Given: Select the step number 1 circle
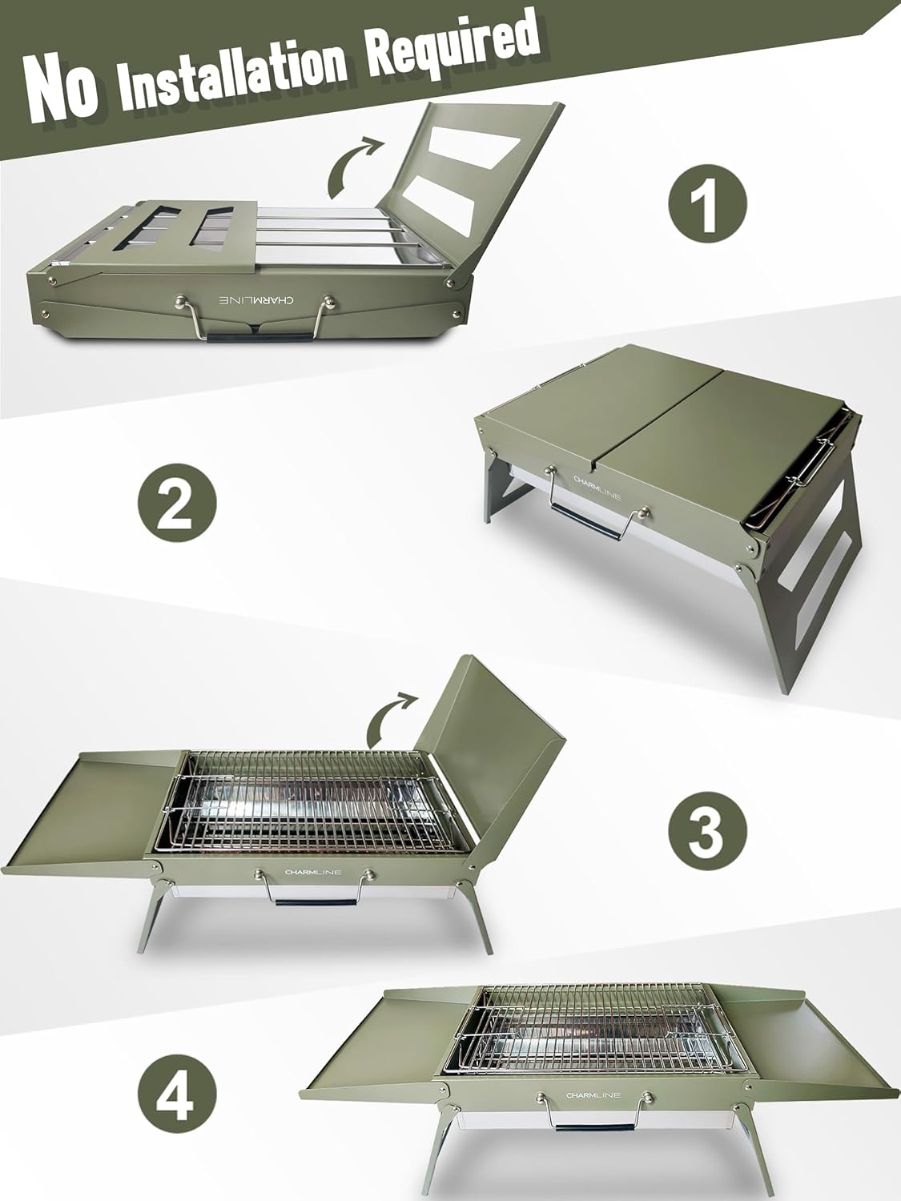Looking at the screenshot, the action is (x=707, y=203).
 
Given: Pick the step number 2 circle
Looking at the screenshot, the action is (x=177, y=503).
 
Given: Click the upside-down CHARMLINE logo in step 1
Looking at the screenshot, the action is (x=256, y=300).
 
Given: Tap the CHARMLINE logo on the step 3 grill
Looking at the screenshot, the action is (x=313, y=872).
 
